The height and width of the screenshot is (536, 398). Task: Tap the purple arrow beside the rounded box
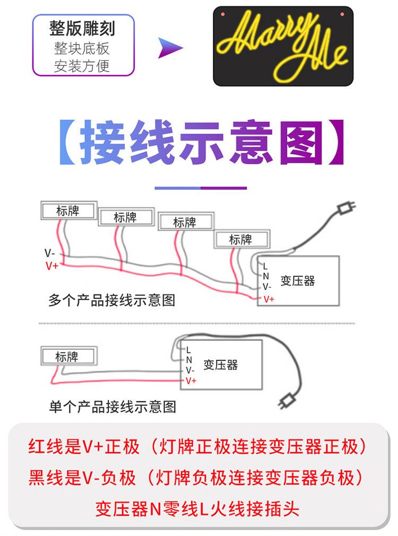click(170, 48)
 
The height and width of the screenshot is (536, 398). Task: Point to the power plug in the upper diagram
click(346, 207)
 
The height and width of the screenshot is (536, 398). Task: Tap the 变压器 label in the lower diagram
click(221, 365)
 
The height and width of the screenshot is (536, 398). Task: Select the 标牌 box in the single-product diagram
click(67, 356)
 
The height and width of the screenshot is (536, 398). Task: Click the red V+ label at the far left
click(52, 266)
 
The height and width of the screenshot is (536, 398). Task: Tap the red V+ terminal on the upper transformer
click(269, 299)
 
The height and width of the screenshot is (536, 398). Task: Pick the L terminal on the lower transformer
click(188, 350)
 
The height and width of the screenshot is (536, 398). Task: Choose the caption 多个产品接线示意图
click(111, 300)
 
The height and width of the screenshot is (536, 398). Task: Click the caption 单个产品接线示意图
click(113, 407)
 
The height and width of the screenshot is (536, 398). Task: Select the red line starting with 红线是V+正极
click(197, 447)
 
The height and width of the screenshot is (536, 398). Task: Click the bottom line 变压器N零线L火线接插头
click(197, 509)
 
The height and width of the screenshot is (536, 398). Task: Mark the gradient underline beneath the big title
click(201, 188)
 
